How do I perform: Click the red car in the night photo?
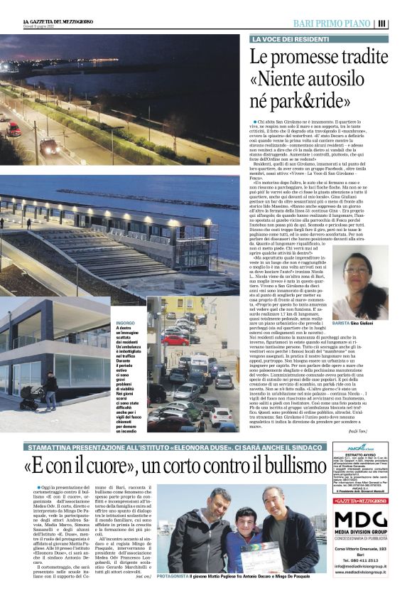[x=13, y=129]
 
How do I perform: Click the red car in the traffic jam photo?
[x=175, y=341]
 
